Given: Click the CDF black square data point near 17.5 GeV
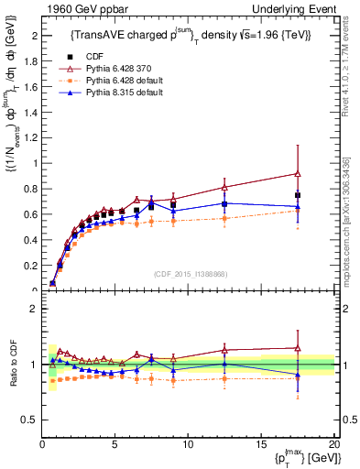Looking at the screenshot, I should pos(298,195).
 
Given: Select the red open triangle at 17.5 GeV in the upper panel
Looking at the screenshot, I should pos(298,173).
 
